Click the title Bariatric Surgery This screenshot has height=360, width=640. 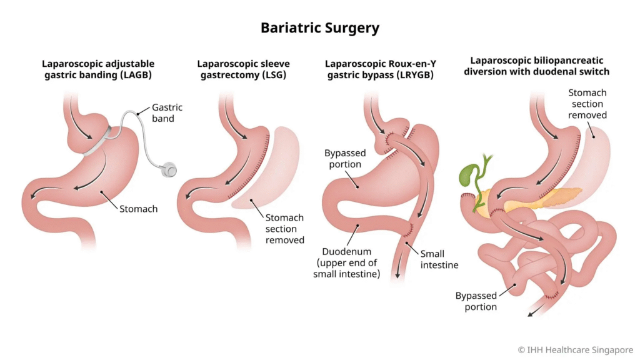coord(319,28)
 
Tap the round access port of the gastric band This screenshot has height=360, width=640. coord(168,168)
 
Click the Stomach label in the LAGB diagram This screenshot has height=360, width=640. coord(139,209)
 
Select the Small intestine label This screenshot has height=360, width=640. coord(439,259)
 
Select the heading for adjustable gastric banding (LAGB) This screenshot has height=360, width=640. coord(98,69)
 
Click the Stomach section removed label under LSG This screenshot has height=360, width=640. coord(284,229)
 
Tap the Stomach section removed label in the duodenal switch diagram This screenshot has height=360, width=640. coord(587,104)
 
